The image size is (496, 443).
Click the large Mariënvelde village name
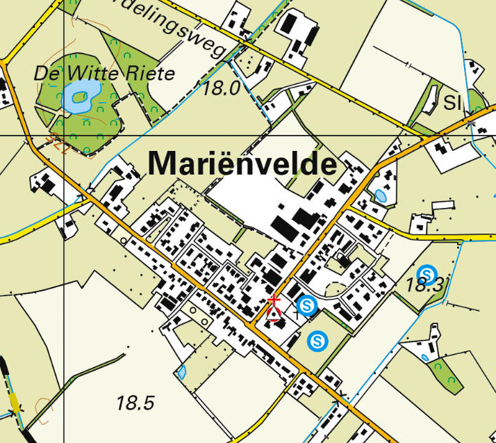(x=243, y=164)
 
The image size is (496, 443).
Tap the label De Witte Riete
(x=104, y=72)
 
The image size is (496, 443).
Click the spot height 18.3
(x=424, y=285)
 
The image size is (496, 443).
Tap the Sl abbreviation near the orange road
(x=453, y=104)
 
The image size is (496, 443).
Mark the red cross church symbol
(x=274, y=300)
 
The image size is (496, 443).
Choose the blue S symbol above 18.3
(x=427, y=272)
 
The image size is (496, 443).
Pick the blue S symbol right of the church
(x=306, y=304)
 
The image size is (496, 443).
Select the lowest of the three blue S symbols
(x=317, y=340)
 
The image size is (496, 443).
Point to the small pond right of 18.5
(x=183, y=372)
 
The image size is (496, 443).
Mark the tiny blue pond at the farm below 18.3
(x=425, y=357)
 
